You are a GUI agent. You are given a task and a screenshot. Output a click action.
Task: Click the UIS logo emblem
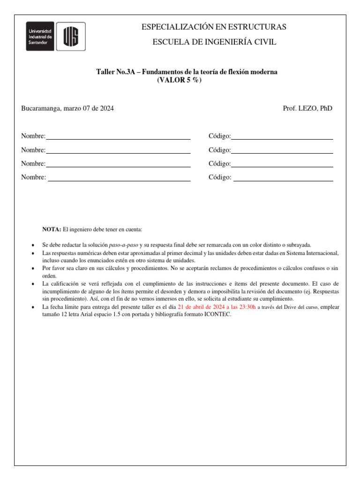71,36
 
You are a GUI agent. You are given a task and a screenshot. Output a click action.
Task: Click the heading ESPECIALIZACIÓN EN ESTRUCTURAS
214,27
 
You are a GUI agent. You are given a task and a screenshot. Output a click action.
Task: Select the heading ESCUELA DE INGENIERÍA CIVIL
214,42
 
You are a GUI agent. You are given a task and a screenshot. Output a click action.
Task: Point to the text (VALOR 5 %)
179,80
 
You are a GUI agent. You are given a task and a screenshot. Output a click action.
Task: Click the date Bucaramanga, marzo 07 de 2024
67,108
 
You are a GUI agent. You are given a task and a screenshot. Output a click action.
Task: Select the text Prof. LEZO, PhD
307,108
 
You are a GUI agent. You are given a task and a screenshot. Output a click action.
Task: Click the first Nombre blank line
118,138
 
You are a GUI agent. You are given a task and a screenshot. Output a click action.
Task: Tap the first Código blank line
282,138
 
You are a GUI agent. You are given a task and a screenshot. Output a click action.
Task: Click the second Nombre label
33,150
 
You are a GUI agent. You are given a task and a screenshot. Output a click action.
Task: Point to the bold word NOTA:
52,229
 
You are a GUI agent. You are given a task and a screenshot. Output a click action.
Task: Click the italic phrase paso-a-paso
123,245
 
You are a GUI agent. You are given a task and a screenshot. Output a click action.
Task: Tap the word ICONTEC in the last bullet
217,315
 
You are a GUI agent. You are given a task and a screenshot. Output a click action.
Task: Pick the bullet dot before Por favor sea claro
32,269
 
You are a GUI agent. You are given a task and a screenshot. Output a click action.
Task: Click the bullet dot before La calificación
32,284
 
